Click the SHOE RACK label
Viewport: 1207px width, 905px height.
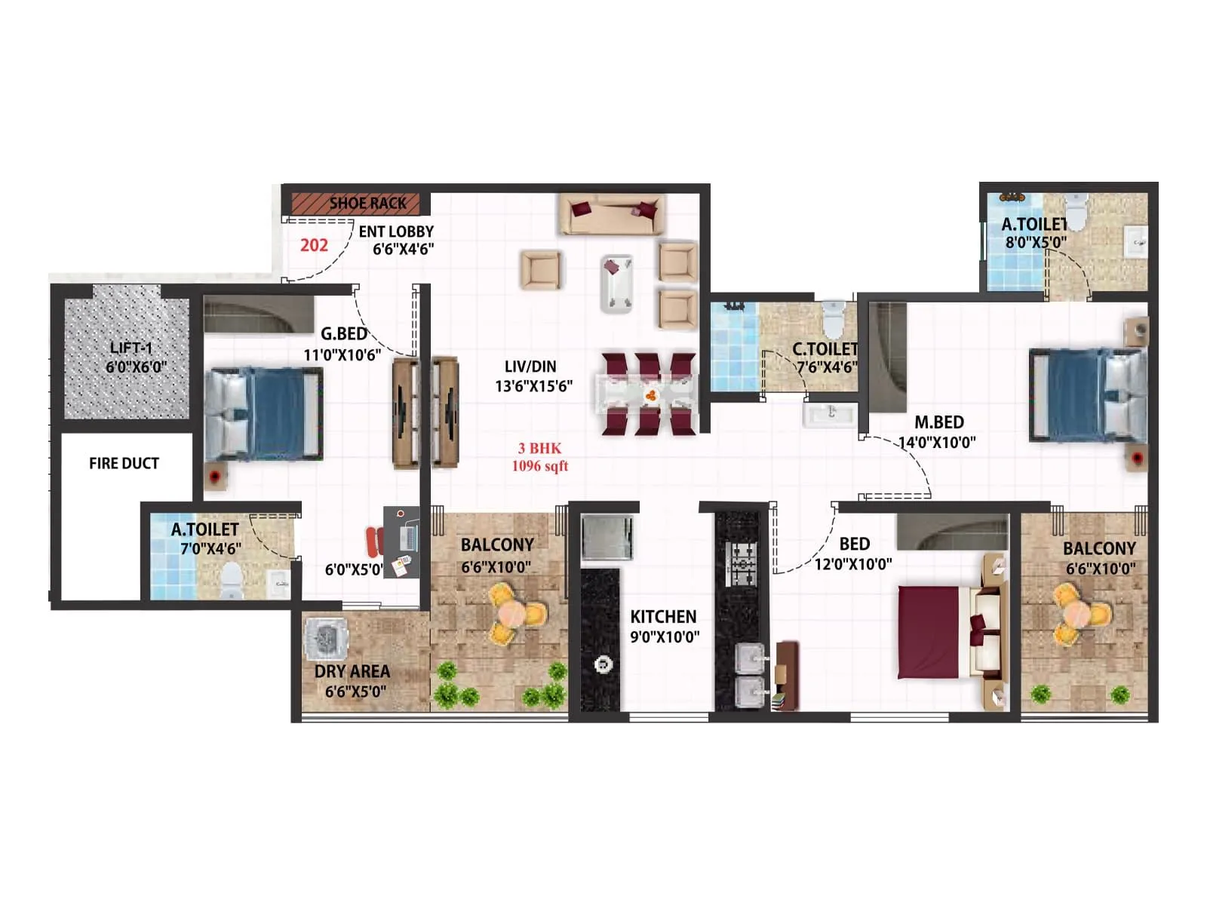point(367,203)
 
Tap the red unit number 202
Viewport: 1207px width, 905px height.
point(314,245)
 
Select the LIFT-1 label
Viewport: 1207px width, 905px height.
point(131,348)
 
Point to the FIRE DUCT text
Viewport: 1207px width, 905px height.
point(124,463)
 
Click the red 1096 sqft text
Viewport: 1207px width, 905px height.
point(540,466)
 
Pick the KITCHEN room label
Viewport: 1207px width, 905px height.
point(663,616)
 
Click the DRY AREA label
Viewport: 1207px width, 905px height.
point(352,671)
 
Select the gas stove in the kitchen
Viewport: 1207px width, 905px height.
point(741,563)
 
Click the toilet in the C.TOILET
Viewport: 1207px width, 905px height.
point(833,319)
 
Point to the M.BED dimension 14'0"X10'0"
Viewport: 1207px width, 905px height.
point(937,442)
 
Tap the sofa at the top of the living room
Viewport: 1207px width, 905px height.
point(612,214)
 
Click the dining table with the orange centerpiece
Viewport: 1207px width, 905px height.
point(649,394)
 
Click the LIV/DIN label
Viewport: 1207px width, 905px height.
point(530,367)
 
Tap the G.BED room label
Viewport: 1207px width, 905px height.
point(344,333)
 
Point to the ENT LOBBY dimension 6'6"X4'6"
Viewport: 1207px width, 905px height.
point(403,250)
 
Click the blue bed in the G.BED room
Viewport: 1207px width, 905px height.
point(264,413)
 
